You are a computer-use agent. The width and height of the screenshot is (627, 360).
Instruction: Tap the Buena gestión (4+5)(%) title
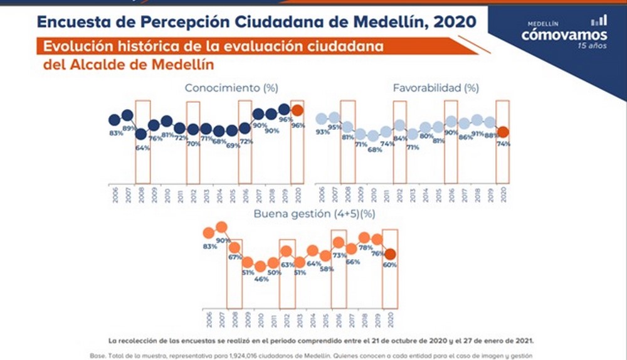tap(314, 214)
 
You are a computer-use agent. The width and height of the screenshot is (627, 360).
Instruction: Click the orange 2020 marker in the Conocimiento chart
tap(297, 110)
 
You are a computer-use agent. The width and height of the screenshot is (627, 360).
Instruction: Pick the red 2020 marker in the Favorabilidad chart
tap(503, 132)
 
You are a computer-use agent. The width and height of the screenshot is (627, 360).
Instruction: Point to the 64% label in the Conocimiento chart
tap(142, 148)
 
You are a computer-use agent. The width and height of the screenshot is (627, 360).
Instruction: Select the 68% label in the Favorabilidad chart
tap(375, 149)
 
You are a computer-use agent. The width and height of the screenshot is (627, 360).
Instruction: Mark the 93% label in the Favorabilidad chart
tap(323, 132)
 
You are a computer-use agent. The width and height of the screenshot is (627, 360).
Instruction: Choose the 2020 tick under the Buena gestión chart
tap(391, 320)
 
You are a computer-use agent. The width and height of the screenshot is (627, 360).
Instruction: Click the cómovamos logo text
tap(564, 35)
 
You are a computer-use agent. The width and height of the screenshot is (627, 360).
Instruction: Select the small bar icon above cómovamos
tap(599, 21)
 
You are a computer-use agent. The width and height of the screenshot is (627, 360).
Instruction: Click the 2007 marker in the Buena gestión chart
tap(221, 227)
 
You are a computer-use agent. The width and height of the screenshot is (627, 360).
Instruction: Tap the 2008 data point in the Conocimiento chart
tap(141, 134)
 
